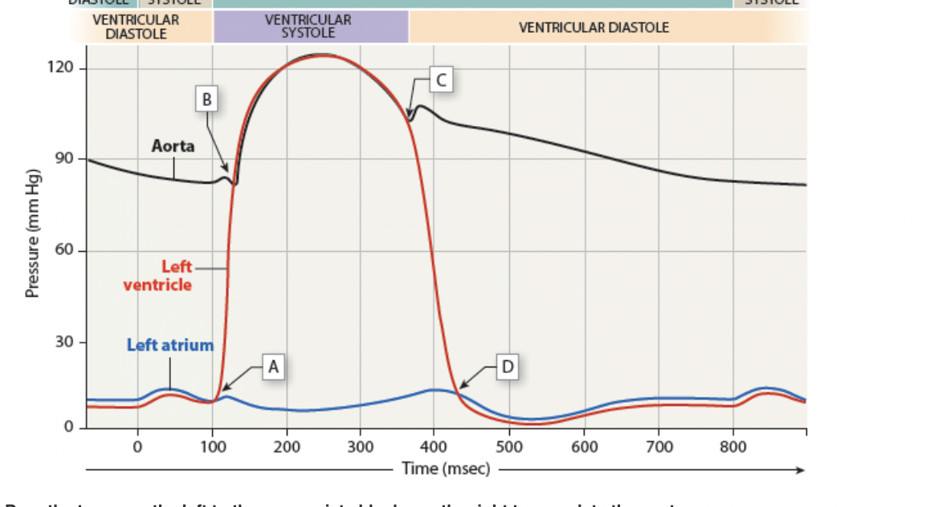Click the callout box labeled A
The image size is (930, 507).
tap(273, 367)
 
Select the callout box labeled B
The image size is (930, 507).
tap(207, 99)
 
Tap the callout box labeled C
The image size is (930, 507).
tap(441, 79)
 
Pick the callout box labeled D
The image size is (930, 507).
tap(507, 367)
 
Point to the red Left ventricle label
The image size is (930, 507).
tap(158, 275)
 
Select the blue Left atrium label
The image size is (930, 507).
tap(170, 345)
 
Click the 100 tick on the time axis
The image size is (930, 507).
tap(212, 446)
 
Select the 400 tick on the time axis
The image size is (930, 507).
tap(434, 446)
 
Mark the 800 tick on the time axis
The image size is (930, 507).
tap(732, 446)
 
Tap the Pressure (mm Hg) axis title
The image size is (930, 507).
tap(33, 233)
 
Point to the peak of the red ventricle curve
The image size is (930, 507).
tap(321, 55)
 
